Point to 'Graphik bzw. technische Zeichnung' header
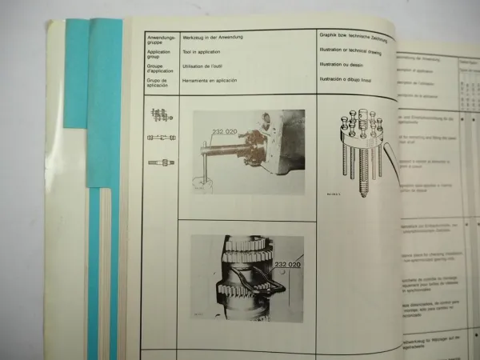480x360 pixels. coord(365,37)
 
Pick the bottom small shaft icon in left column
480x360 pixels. coord(159,162)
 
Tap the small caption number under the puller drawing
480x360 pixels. coord(334,192)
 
